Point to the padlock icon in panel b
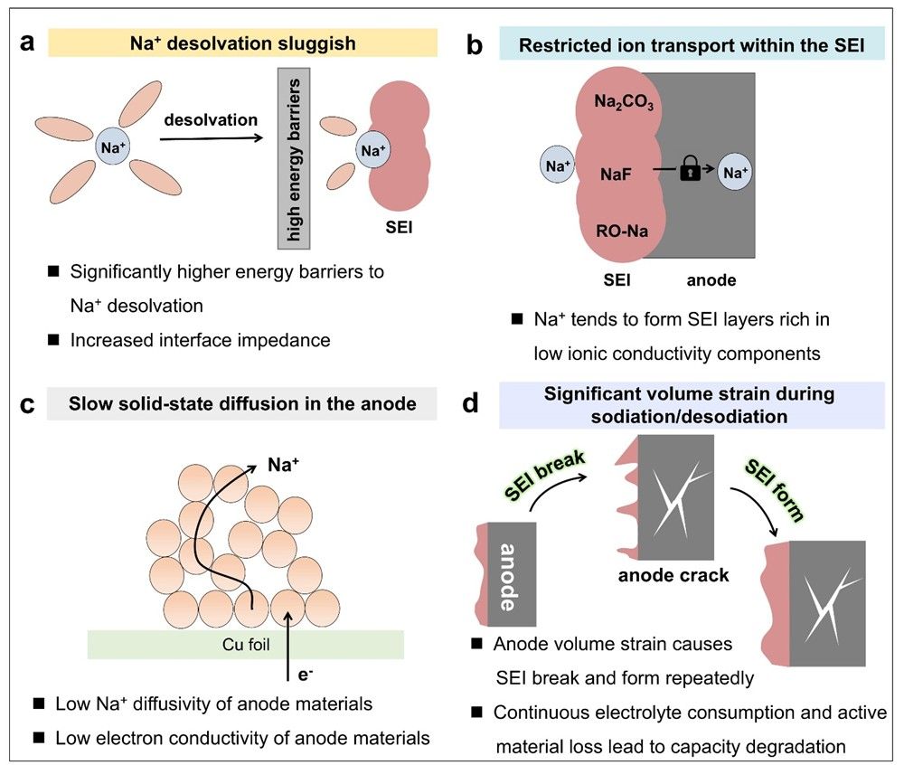690,169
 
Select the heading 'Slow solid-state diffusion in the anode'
257,404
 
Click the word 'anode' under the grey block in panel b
711,280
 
